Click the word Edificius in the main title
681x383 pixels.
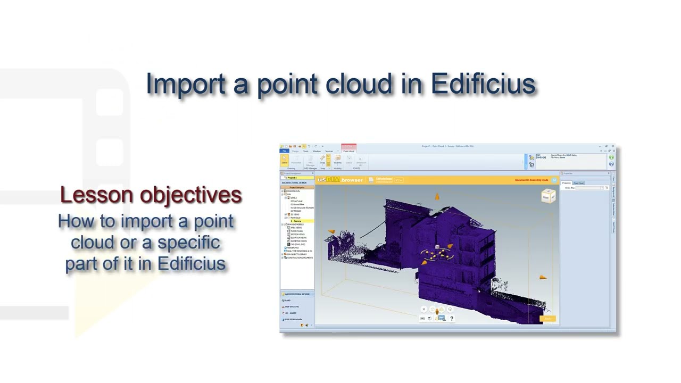click(483, 84)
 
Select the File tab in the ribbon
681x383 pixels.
click(285, 151)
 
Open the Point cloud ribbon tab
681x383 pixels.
click(348, 151)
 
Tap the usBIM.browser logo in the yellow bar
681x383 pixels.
click(340, 180)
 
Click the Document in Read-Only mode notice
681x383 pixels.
click(531, 180)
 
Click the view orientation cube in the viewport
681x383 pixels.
click(548, 197)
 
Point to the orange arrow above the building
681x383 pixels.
click(437, 197)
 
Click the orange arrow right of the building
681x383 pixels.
click(543, 277)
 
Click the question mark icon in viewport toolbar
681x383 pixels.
click(452, 319)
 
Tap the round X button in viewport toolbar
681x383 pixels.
click(424, 309)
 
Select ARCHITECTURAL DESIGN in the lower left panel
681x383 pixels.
click(297, 294)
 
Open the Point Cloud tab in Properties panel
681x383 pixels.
click(578, 183)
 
